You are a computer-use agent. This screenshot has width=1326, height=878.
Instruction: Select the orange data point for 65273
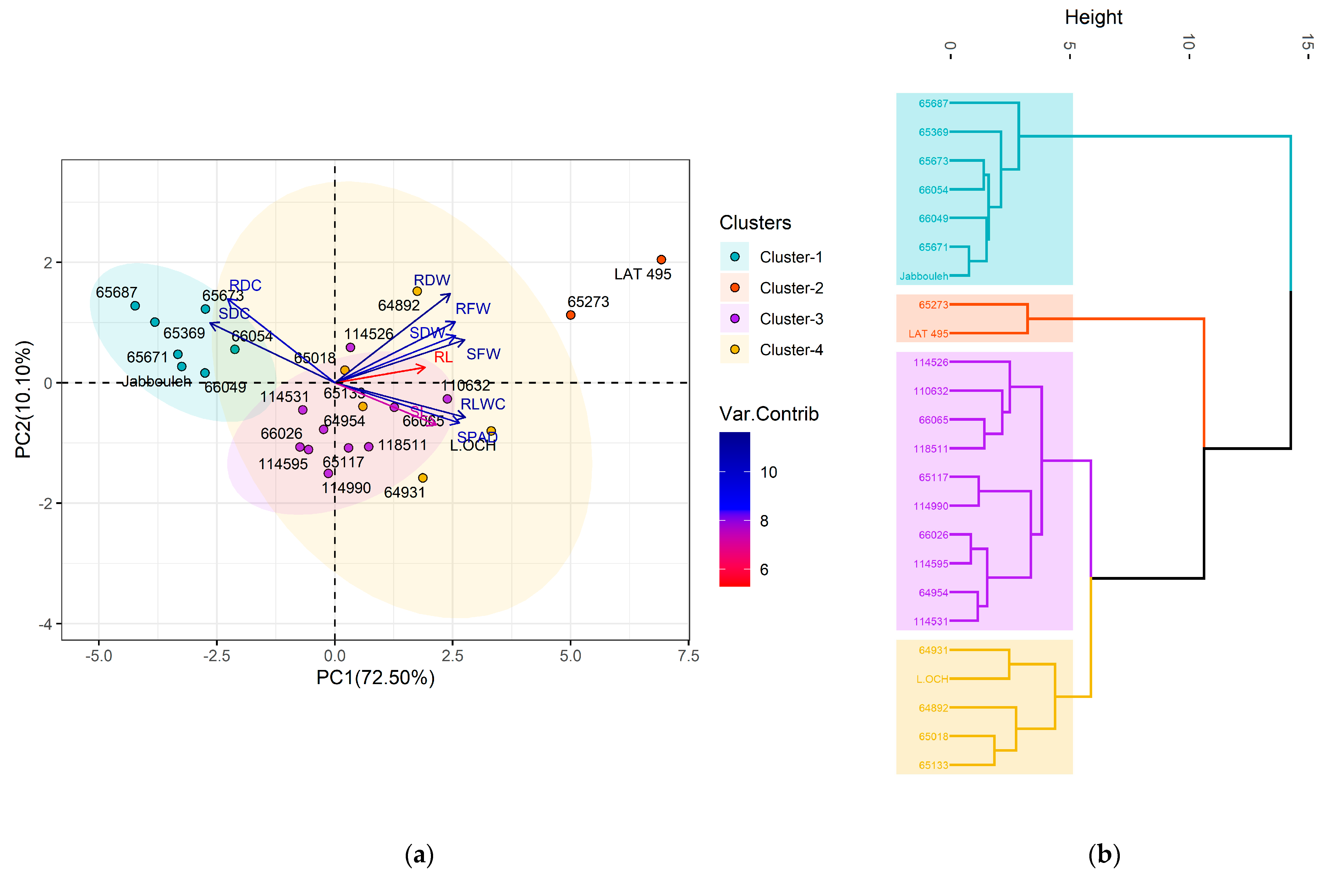(x=571, y=315)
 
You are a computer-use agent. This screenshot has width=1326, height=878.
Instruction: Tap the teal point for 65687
(x=135, y=306)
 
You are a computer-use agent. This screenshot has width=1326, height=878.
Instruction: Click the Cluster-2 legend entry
(x=791, y=288)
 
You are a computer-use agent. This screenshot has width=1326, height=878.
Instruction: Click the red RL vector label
(x=443, y=357)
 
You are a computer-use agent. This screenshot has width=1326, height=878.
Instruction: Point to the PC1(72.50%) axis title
(x=375, y=678)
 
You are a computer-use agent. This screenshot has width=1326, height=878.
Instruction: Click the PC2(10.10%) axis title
(x=24, y=399)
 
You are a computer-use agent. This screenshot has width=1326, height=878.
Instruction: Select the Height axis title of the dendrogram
(x=1093, y=17)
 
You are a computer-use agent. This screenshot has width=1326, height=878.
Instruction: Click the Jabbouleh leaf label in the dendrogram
(x=923, y=276)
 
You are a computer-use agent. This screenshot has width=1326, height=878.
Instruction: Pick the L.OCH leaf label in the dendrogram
(x=932, y=679)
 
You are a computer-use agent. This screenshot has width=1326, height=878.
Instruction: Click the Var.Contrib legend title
(x=768, y=414)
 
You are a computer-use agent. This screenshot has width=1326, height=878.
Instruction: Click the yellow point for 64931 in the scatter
(x=423, y=478)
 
